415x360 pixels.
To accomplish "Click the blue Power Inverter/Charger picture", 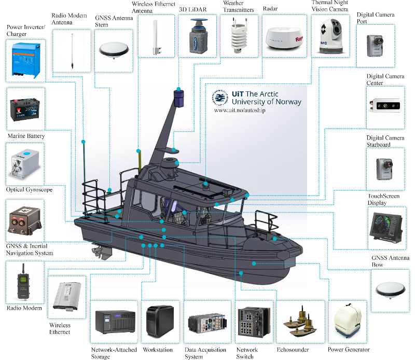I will [25, 60].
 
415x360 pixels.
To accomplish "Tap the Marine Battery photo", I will [25, 108].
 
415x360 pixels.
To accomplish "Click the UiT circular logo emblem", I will [220, 98].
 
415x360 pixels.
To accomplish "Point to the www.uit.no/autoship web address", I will [239, 110].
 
